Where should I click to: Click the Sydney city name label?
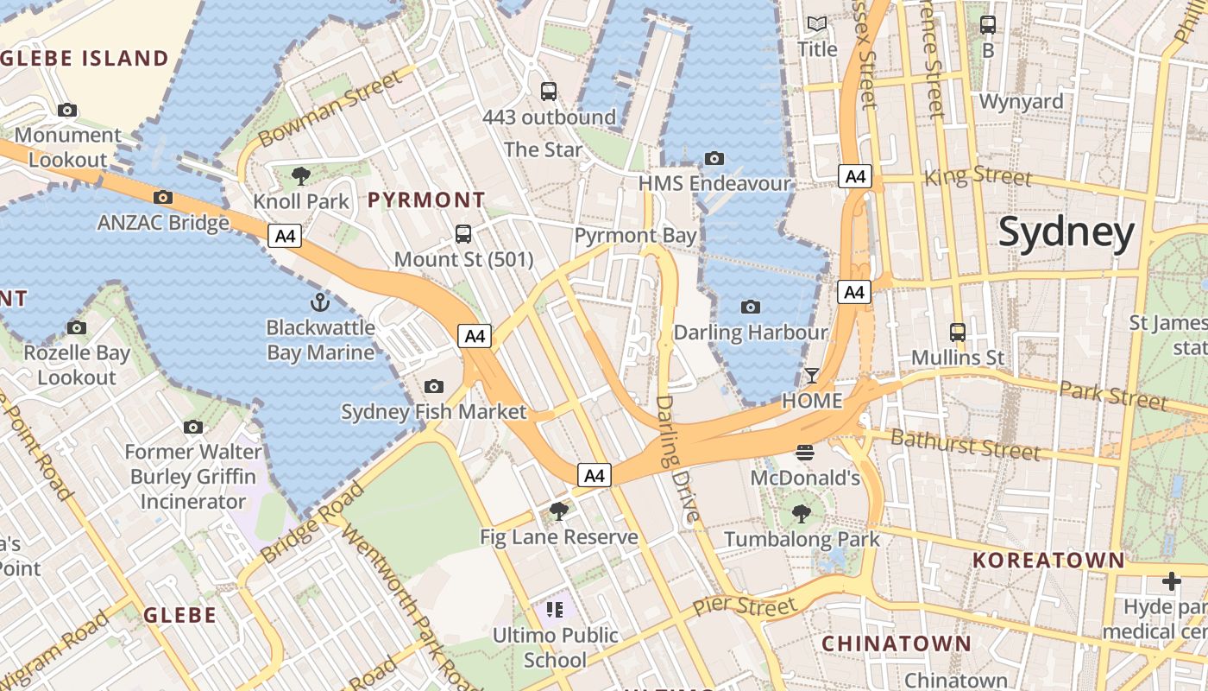point(1066,233)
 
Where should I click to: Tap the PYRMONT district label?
point(426,200)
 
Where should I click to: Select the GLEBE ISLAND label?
point(85,59)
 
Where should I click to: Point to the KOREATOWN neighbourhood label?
point(1048,560)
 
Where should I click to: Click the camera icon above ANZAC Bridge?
point(163,197)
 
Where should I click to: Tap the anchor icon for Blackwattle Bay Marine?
point(320,302)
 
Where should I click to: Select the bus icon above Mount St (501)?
point(463,233)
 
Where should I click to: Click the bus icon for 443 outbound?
point(548,91)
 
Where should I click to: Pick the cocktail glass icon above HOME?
point(812,376)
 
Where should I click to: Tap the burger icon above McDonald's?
point(805,452)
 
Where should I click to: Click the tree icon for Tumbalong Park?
point(802,514)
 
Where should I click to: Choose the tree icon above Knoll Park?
point(301,176)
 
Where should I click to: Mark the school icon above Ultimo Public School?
point(555,610)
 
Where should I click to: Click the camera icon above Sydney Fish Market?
point(434,386)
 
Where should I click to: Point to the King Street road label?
point(978,176)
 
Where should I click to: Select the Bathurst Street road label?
point(965,445)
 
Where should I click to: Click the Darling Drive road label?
point(676,460)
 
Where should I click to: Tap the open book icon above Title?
point(816,23)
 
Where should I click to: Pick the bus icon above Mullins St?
point(958,332)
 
